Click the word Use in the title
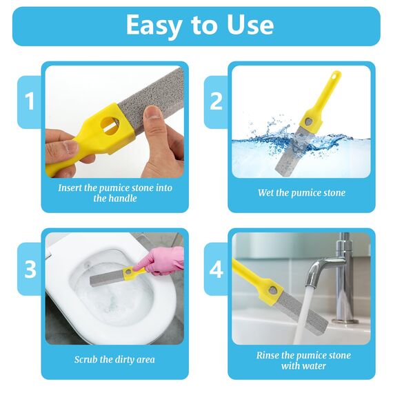pos(249,26)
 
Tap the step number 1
pos(29,101)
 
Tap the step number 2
pos(216,101)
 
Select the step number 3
pos(30,268)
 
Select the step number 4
pos(216,268)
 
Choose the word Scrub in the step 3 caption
pos(87,359)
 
